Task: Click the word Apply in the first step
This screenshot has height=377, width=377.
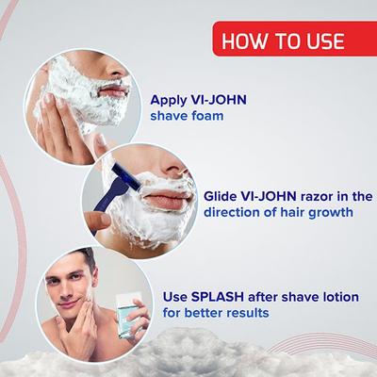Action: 169,98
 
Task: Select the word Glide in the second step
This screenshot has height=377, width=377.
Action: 221,196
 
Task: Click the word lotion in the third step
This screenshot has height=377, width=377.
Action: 336,296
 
